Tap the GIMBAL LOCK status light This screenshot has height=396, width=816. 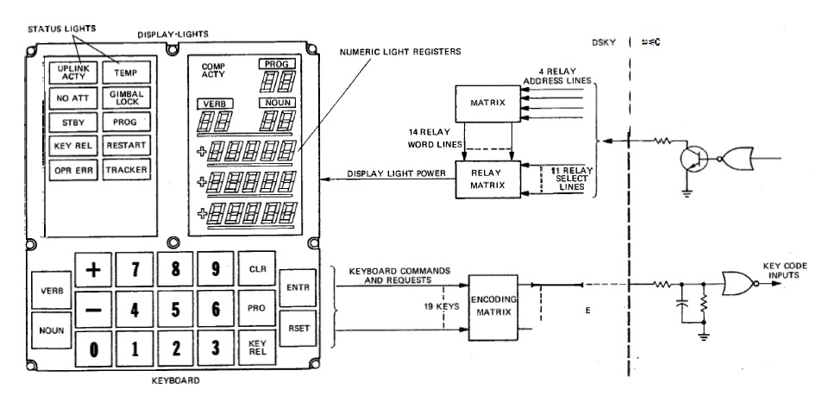coord(127,97)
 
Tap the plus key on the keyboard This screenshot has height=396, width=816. coord(96,268)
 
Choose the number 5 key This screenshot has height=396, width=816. coord(176,308)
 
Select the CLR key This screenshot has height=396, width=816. coord(257,268)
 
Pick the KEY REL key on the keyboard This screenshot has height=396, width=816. coord(257,348)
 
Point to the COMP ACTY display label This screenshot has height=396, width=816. coord(213,72)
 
